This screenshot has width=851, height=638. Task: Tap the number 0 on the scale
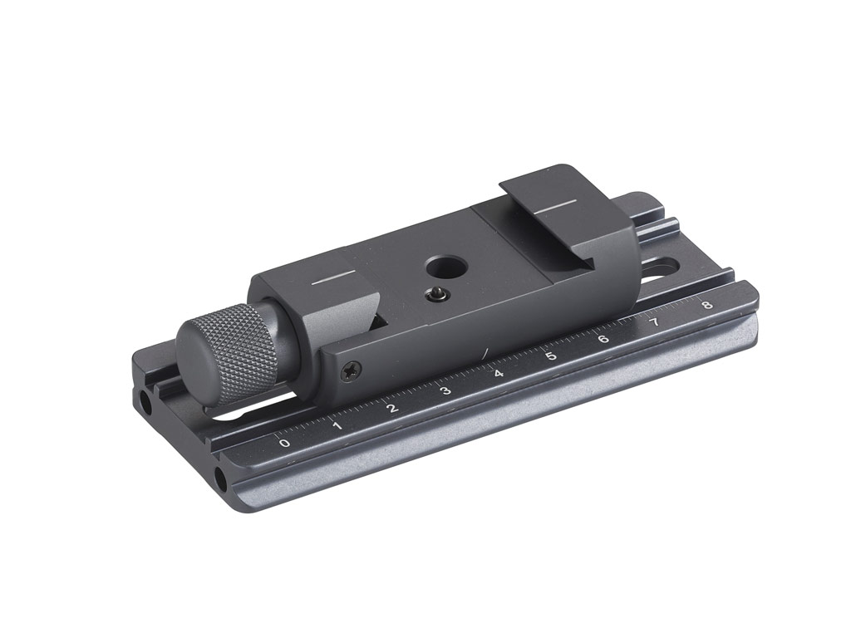point(285,443)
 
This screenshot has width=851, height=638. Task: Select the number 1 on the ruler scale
point(337,425)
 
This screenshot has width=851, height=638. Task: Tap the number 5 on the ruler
point(550,356)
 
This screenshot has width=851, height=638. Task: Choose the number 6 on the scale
point(603,338)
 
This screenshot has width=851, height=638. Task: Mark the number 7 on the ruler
point(654,321)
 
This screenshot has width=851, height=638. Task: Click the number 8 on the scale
point(706,304)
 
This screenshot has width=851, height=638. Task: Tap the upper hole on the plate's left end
point(147,402)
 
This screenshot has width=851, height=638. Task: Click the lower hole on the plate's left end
point(223,479)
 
